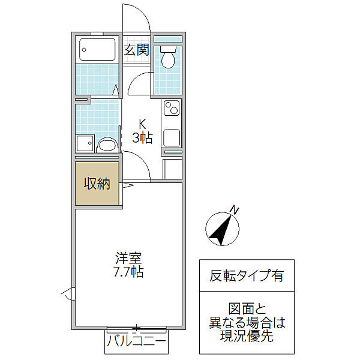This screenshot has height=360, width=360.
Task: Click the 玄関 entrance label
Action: [136, 50]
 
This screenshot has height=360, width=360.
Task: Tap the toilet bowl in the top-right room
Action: [168, 57]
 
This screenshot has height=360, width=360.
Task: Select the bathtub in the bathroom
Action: [97, 49]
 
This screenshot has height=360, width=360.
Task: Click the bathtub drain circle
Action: [84, 50]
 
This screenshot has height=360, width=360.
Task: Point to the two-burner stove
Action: [172, 108]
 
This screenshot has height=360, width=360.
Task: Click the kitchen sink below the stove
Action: [172, 138]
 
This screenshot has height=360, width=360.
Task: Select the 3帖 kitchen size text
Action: [142, 138]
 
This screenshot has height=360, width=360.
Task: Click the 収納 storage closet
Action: [97, 184]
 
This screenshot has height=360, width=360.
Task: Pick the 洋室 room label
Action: [128, 258]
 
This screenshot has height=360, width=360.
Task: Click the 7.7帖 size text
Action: [128, 272]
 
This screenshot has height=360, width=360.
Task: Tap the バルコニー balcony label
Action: [136, 340]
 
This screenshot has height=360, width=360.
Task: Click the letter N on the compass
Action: [235, 210]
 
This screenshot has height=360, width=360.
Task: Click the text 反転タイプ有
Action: [247, 275]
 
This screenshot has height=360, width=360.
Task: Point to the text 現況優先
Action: [247, 335]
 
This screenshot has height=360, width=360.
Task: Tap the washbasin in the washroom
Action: [106, 145]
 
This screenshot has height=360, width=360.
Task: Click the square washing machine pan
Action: [85, 143]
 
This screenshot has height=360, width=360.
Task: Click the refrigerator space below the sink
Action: [172, 169]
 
